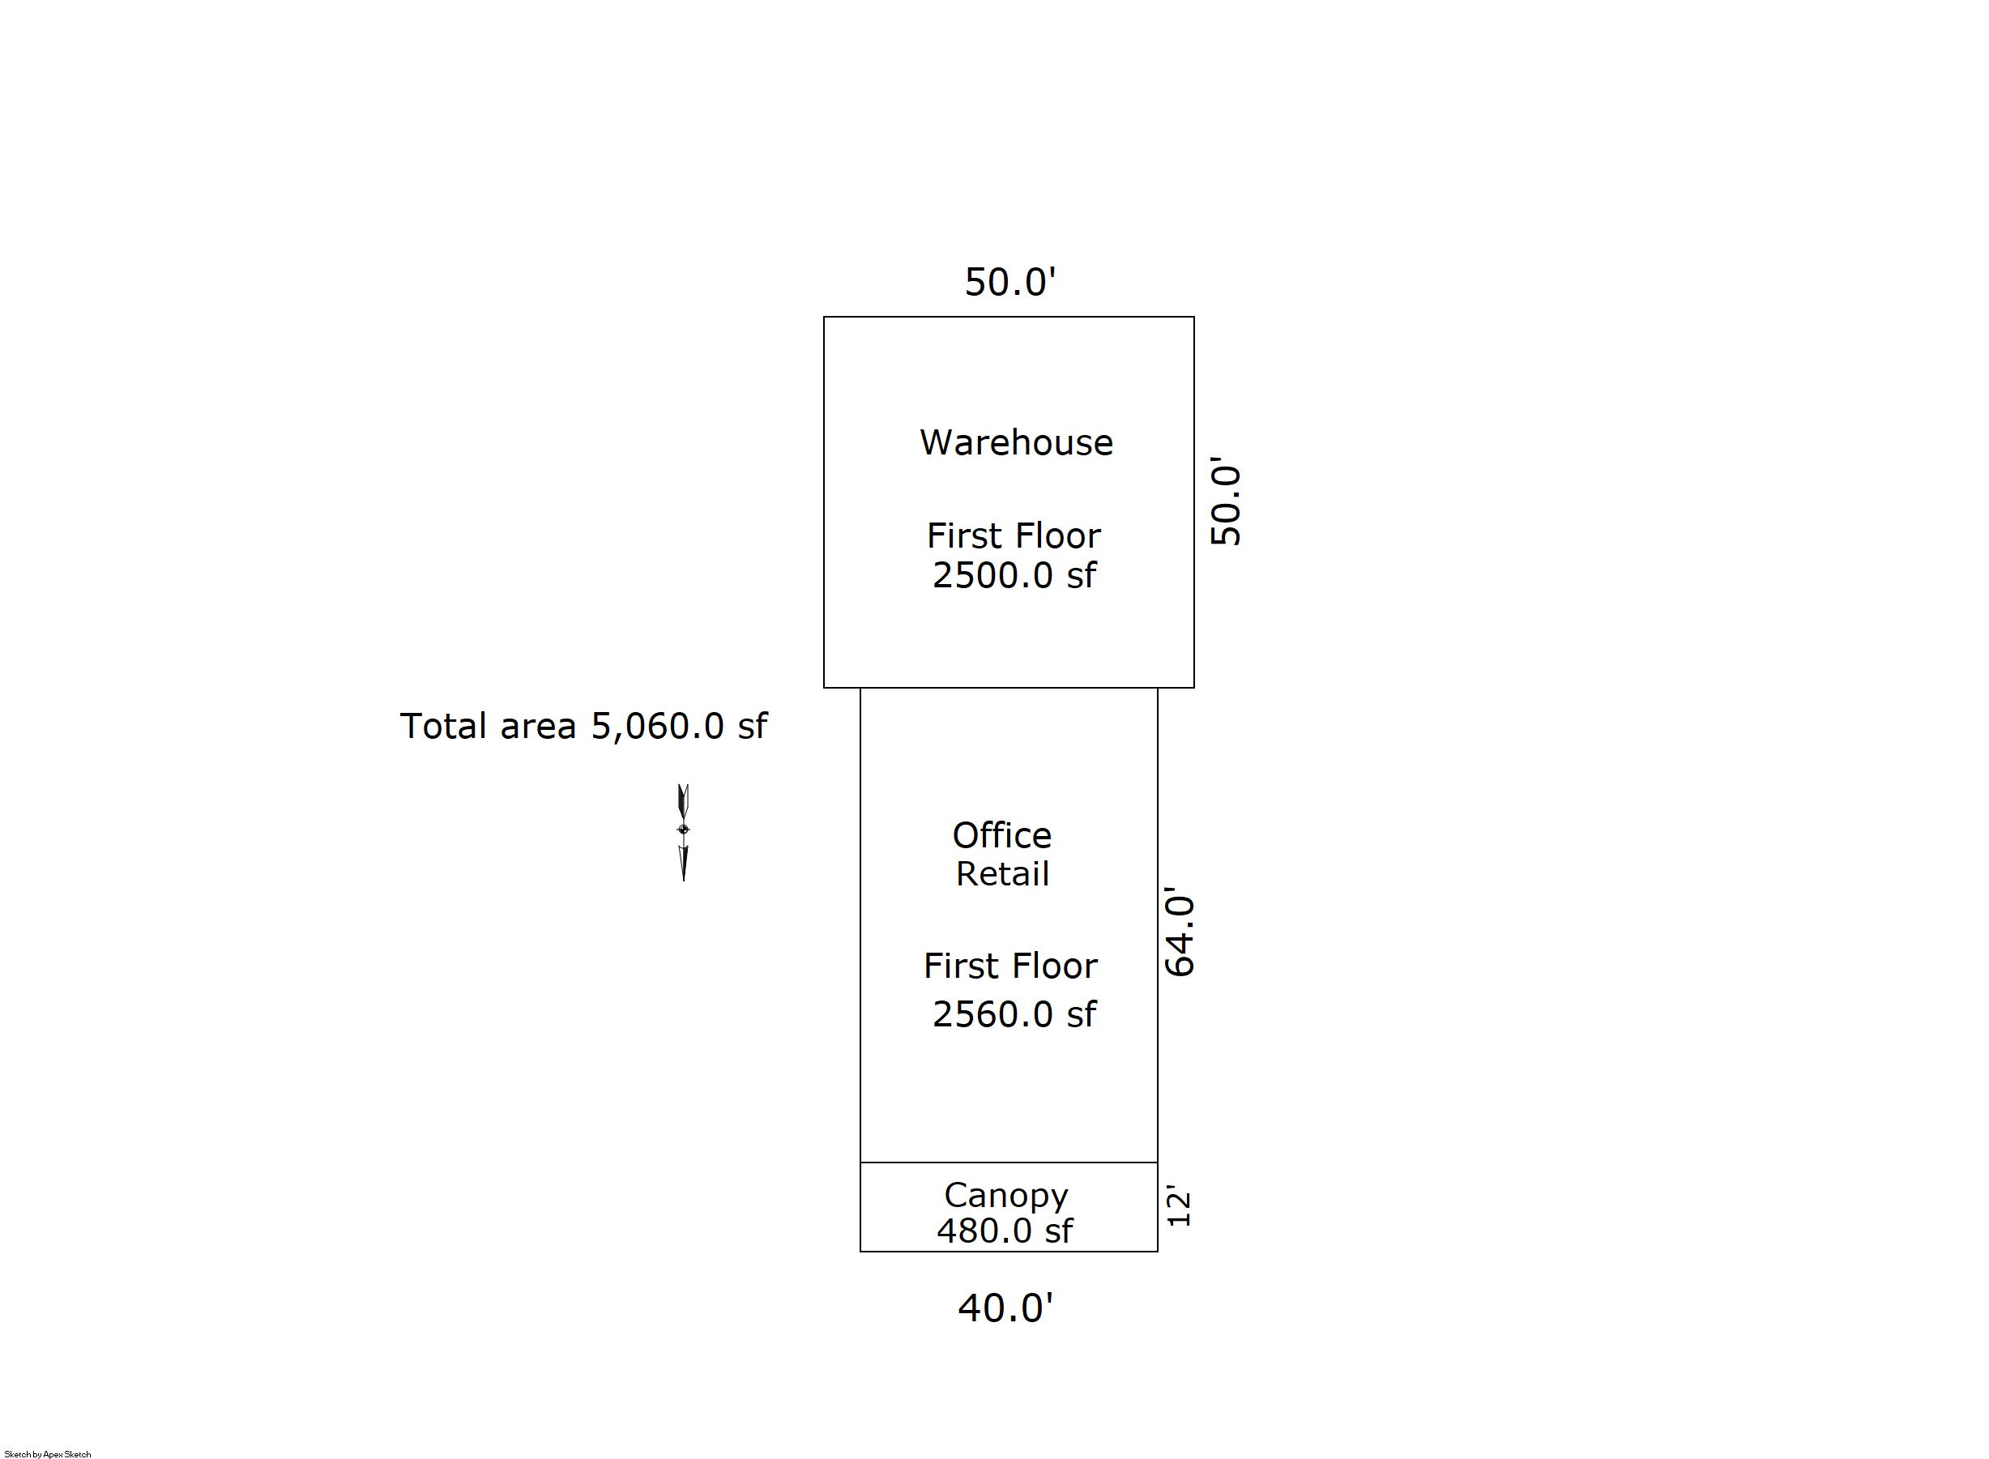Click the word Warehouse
(x=1016, y=442)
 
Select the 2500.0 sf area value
(x=1014, y=575)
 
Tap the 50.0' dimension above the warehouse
(x=1010, y=283)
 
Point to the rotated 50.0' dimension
(x=1225, y=501)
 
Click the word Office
(x=1001, y=835)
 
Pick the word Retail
(x=1002, y=874)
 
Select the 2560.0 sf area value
(x=1014, y=1014)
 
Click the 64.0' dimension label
(x=1179, y=932)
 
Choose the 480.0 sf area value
(x=1005, y=1231)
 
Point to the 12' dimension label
(x=1179, y=1207)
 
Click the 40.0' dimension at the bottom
(x=1006, y=1308)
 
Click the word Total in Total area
(x=442, y=726)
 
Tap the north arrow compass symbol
(x=683, y=832)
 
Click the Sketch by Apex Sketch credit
(x=48, y=1453)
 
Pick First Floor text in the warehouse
(x=1013, y=536)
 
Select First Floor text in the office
(x=1010, y=966)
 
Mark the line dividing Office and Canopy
(x=1009, y=1163)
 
